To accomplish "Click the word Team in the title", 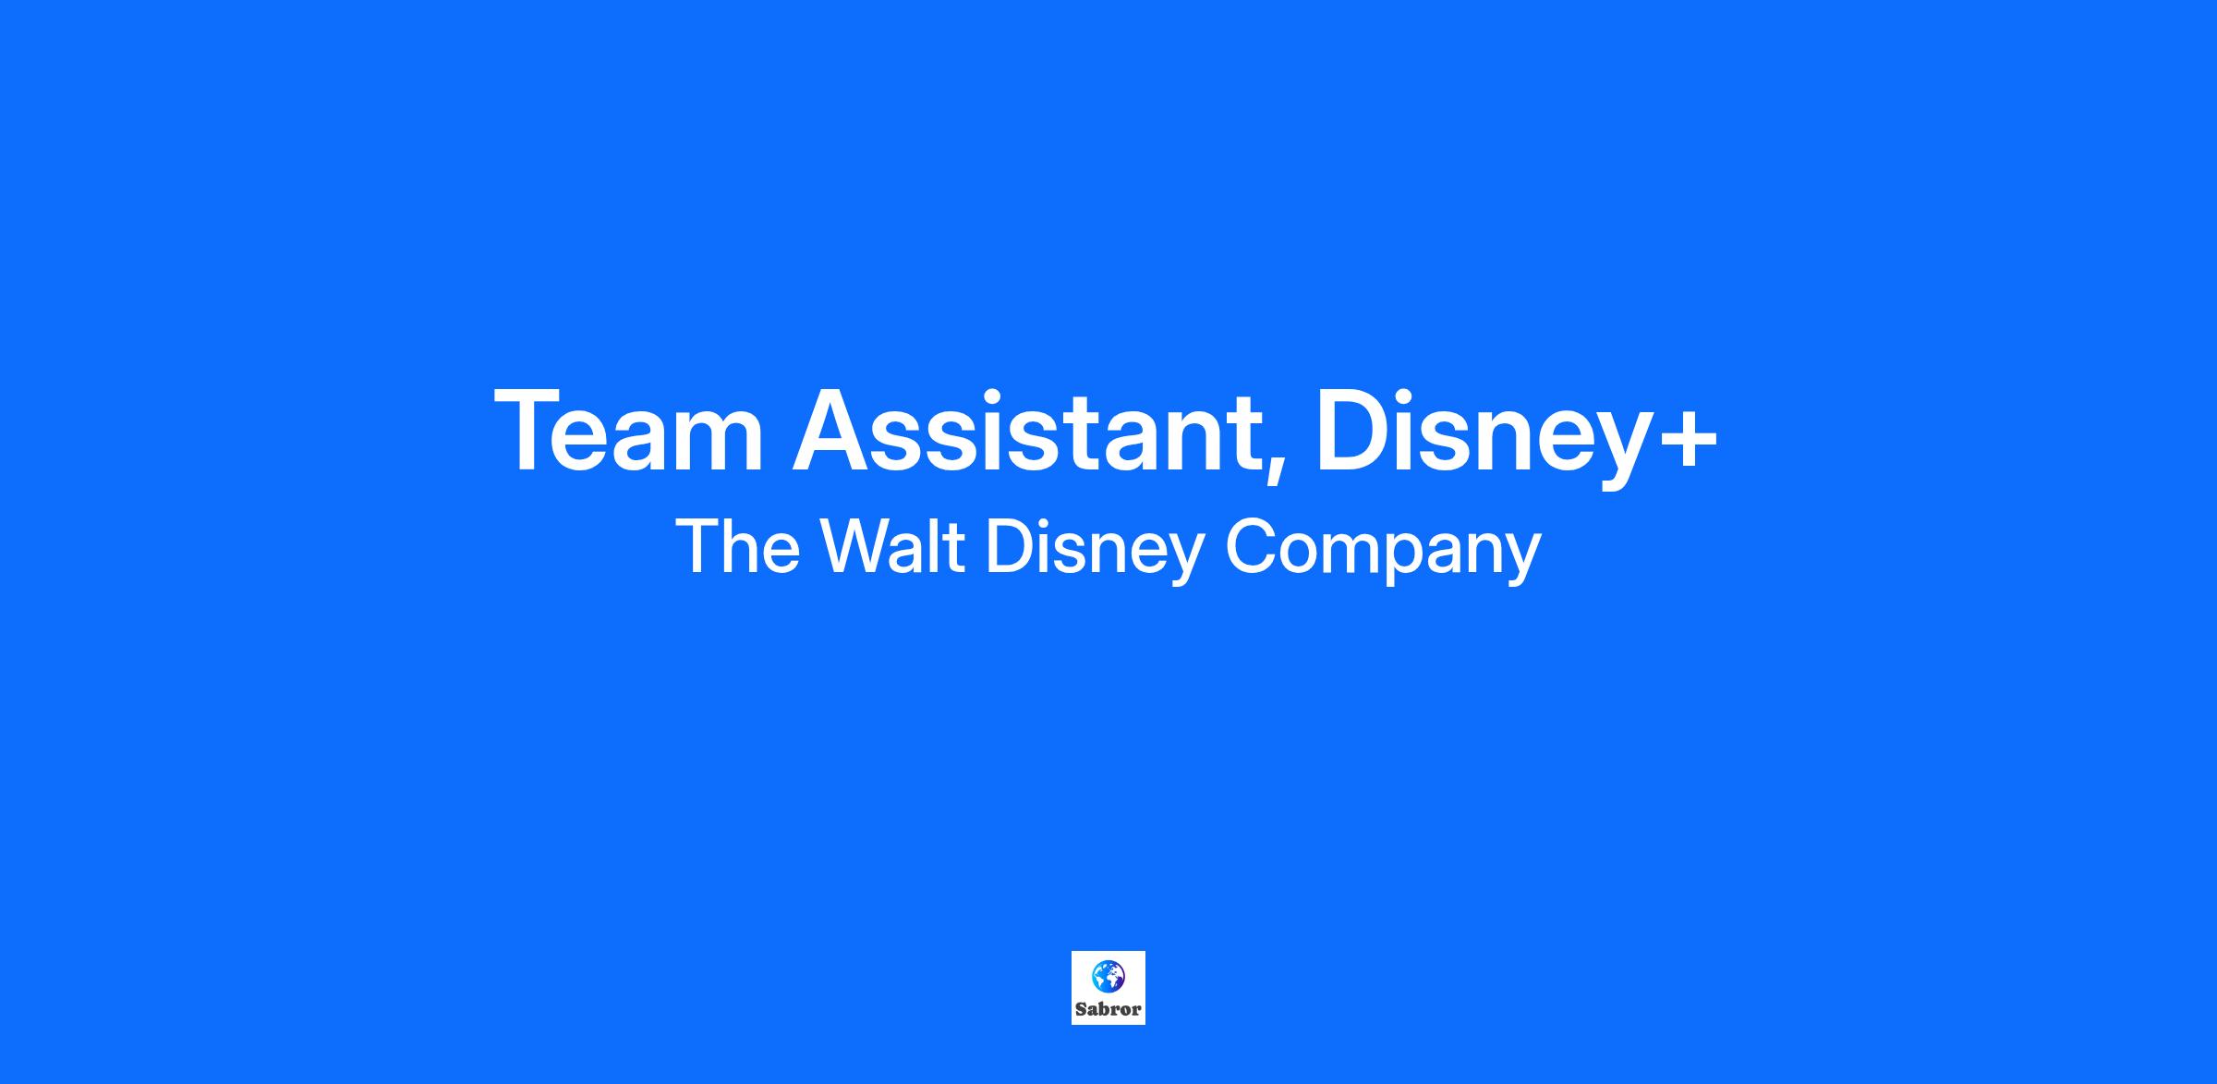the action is point(629,431).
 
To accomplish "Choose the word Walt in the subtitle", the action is point(893,546).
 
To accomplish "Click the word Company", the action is point(1383,552).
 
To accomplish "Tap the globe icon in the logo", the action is point(1108,976).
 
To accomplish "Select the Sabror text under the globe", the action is point(1108,1009).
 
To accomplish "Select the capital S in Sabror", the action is point(1081,1009).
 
